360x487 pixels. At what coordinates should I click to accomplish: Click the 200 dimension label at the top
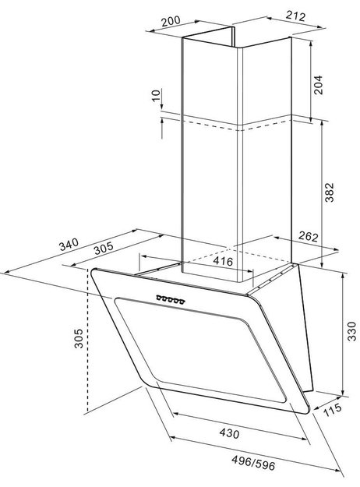[x=171, y=21]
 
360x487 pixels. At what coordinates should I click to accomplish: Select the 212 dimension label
[x=295, y=16]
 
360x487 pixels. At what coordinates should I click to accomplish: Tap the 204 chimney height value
[x=318, y=84]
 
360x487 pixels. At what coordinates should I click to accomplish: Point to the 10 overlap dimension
[x=157, y=95]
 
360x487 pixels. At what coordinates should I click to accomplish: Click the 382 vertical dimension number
[x=330, y=192]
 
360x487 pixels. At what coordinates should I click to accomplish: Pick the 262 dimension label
[x=308, y=236]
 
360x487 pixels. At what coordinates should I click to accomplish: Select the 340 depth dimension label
[x=69, y=244]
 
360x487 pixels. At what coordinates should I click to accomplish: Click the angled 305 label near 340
[x=104, y=248]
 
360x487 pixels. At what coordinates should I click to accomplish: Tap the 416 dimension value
[x=223, y=261]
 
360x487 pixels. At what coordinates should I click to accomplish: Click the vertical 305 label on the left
[x=79, y=338]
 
